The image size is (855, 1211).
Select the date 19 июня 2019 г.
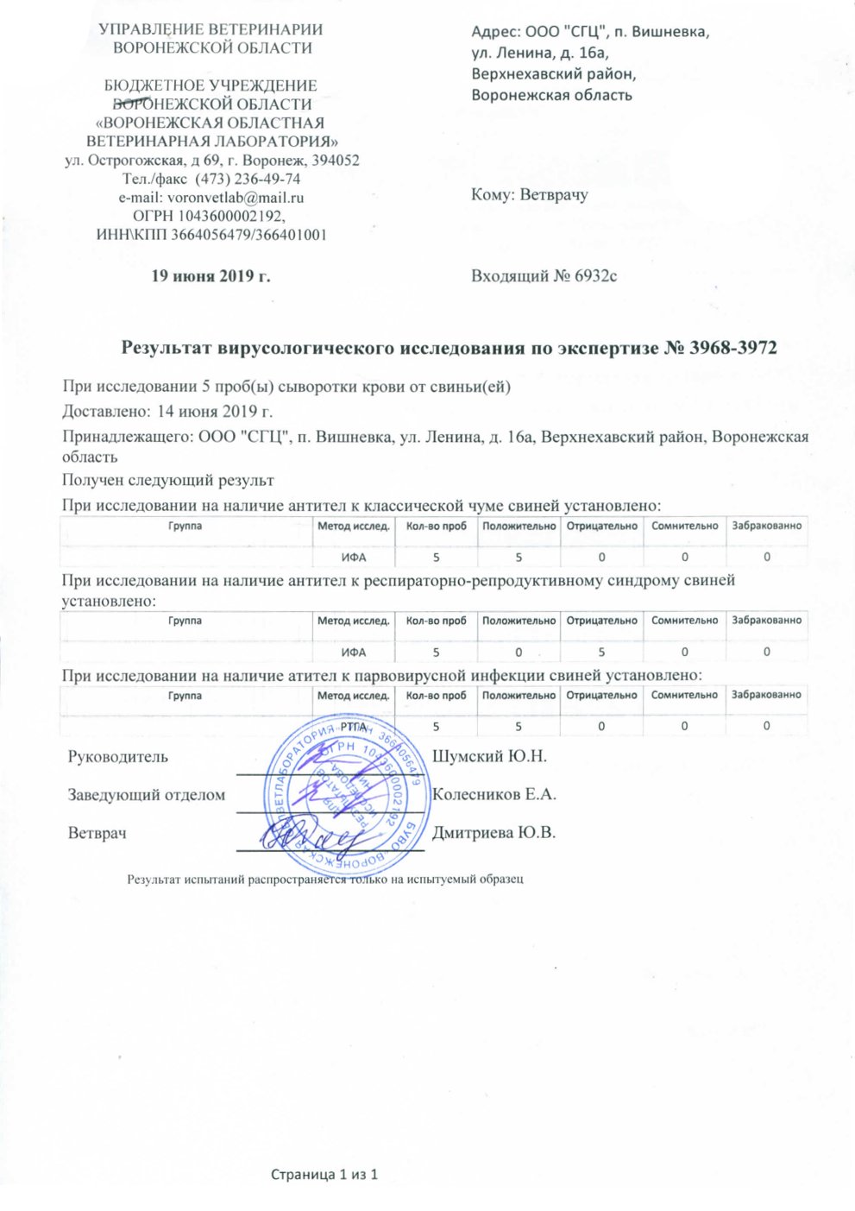[x=211, y=276]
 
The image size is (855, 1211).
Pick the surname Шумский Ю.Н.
[x=489, y=757]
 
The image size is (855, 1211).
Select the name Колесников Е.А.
[x=494, y=794]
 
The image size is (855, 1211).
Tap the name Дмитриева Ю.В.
[x=494, y=833]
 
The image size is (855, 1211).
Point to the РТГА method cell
[x=353, y=727]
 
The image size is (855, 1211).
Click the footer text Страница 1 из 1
[x=325, y=1175]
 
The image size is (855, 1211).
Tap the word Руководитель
[x=118, y=757]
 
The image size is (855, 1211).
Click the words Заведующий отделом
[x=146, y=795]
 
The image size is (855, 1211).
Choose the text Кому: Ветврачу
[x=530, y=195]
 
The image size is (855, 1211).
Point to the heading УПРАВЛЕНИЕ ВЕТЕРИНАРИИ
[x=211, y=29]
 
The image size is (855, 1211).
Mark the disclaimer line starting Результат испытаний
[x=325, y=880]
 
